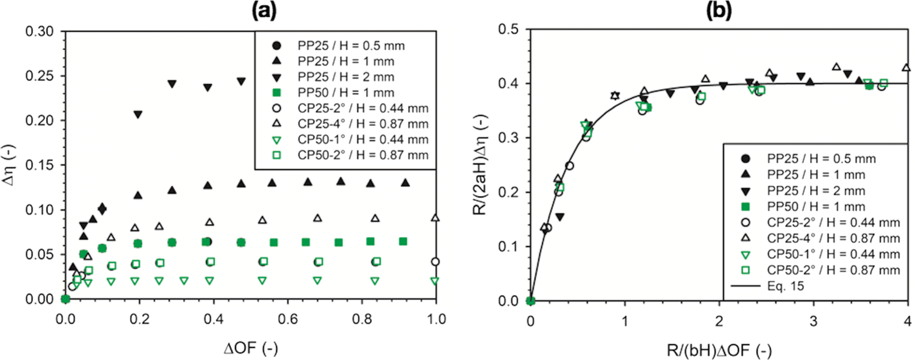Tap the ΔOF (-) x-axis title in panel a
point(251,347)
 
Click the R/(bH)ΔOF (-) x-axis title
point(719,347)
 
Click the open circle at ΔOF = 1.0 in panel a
point(436,261)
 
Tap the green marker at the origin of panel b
point(530,301)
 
